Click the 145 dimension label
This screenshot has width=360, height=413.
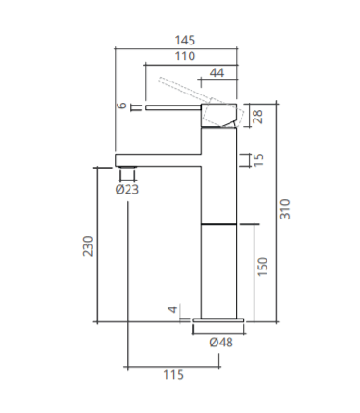[x=185, y=41]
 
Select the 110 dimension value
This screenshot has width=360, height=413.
[x=185, y=56]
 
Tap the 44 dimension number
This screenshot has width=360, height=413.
[x=217, y=73]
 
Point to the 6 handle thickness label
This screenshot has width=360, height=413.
[x=122, y=106]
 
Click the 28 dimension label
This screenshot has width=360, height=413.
[x=257, y=117]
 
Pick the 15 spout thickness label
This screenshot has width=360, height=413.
[x=258, y=160]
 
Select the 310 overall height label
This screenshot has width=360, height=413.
[x=285, y=209]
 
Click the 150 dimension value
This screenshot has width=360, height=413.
[x=262, y=267]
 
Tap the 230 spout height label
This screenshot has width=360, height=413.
[x=88, y=245]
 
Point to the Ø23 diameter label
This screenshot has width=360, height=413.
[x=127, y=189]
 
